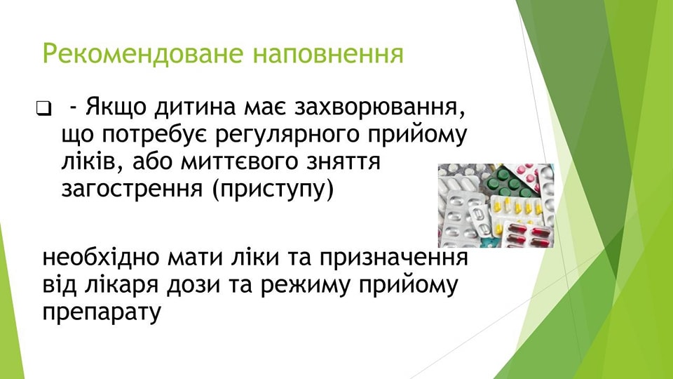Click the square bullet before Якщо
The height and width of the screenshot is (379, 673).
(43, 108)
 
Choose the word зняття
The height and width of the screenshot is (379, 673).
(353, 161)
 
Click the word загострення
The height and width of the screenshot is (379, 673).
(132, 189)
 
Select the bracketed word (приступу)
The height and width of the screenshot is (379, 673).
(273, 189)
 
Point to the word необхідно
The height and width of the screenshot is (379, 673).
(101, 257)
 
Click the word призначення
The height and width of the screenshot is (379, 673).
(393, 258)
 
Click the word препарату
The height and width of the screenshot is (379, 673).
(102, 312)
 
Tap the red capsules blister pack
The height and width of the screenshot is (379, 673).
(526, 234)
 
